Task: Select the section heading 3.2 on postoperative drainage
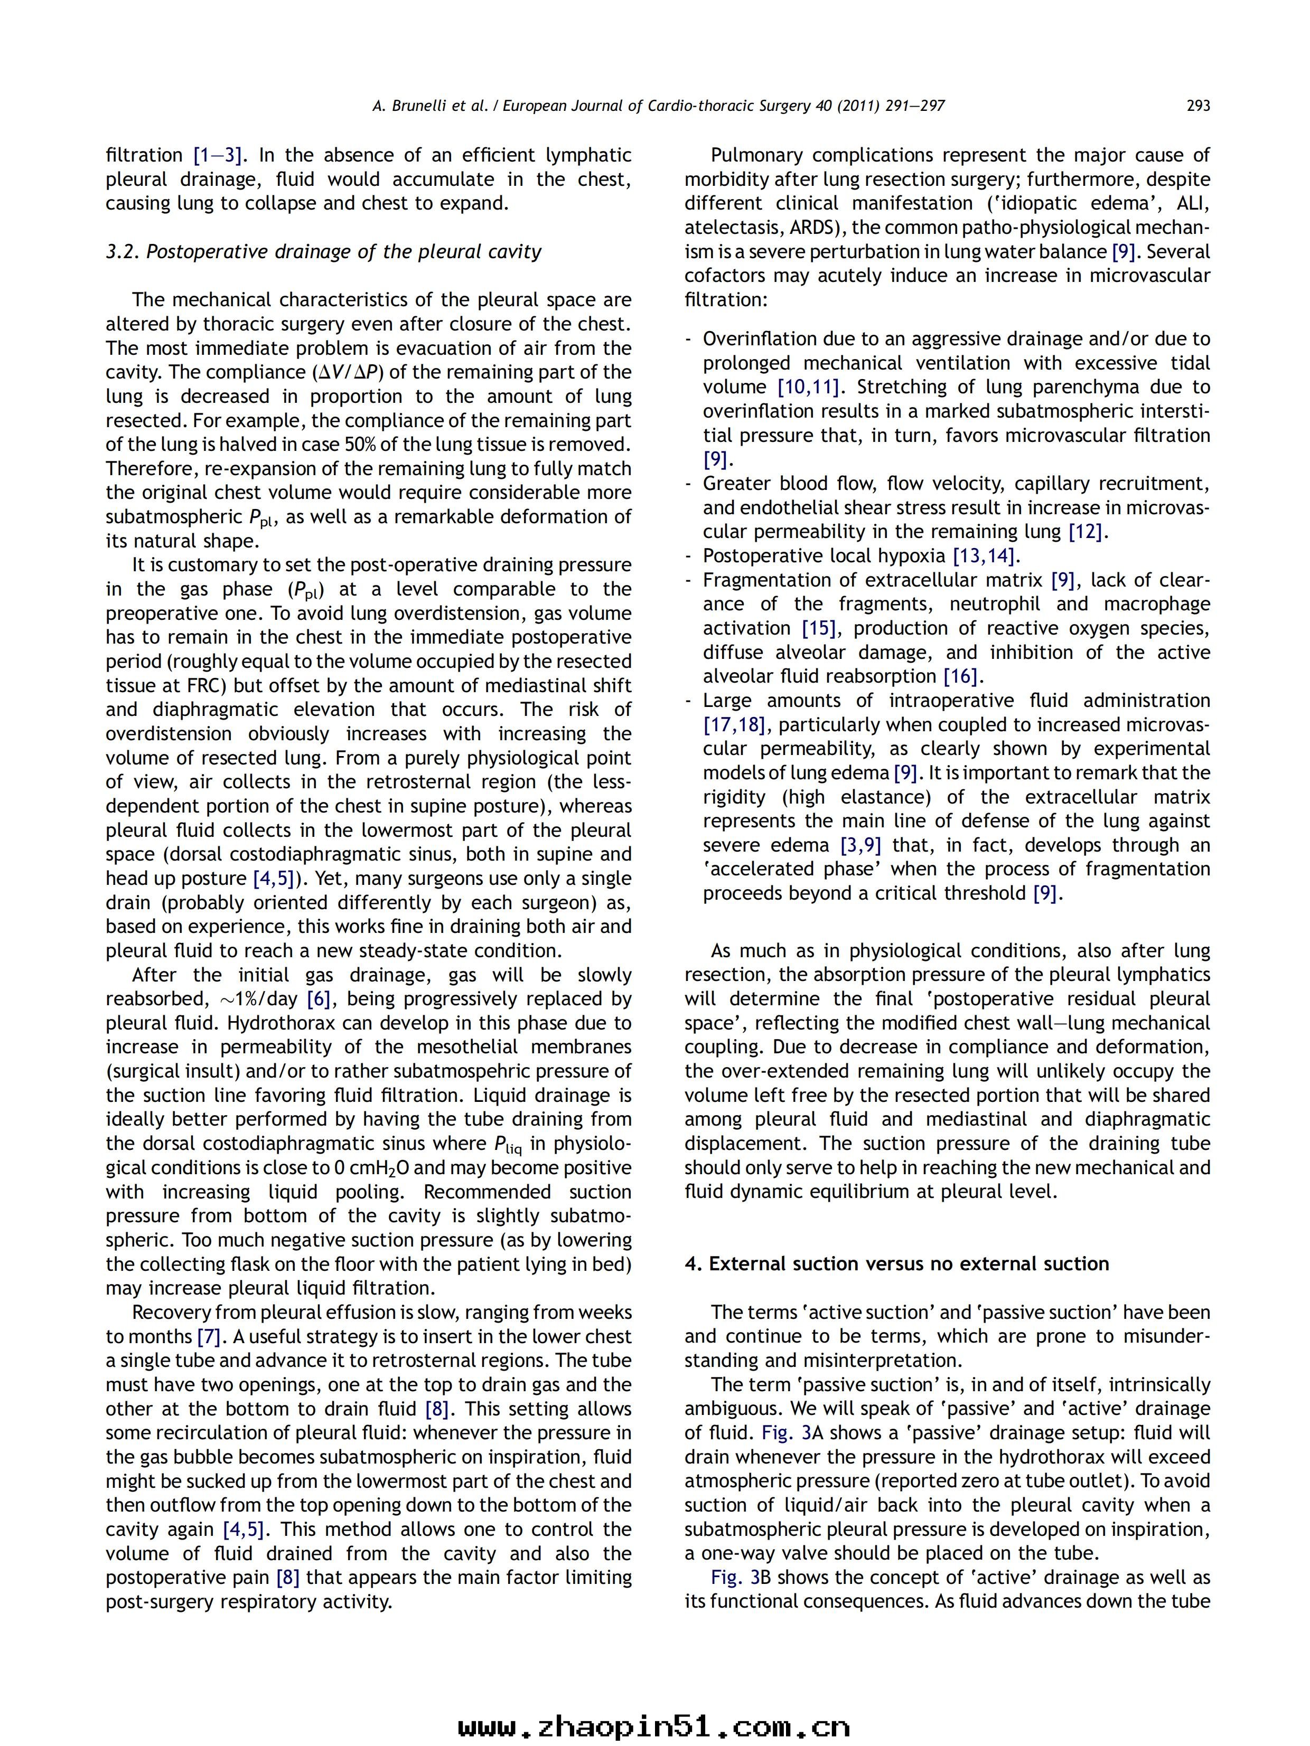coord(324,252)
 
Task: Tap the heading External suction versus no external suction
coord(896,1264)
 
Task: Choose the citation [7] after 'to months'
coord(209,1337)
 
